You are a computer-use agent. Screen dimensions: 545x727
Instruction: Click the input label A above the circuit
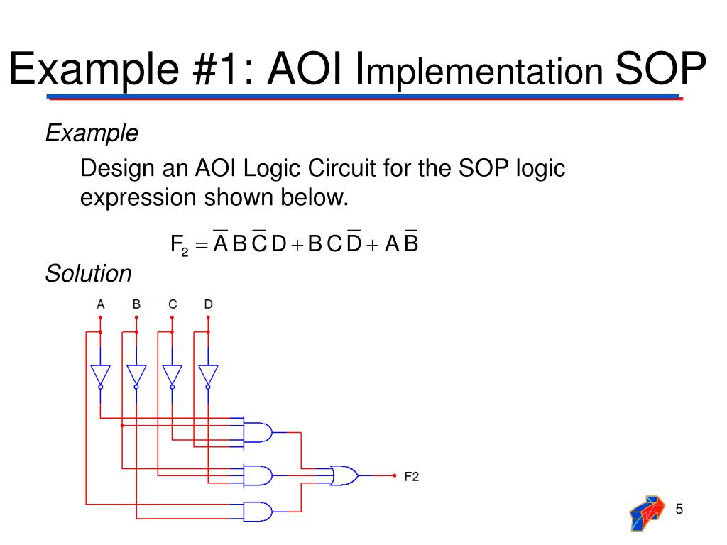tap(101, 304)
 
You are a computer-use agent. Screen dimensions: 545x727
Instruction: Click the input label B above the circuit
tap(136, 304)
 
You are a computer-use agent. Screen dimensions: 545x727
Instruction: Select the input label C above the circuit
tap(173, 304)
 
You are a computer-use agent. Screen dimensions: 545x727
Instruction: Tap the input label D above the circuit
tap(208, 304)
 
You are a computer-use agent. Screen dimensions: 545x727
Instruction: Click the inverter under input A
tap(100, 375)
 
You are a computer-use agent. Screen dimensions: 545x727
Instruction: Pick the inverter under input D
tap(208, 375)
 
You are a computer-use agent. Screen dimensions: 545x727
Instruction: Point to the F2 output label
tap(412, 476)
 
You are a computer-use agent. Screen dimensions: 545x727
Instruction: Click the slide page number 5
tap(679, 509)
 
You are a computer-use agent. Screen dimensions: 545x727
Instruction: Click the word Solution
tap(89, 273)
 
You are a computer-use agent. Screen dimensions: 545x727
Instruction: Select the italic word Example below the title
tap(92, 132)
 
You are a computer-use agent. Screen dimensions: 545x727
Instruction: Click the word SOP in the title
tap(660, 70)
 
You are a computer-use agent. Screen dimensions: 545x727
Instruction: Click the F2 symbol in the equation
tap(179, 246)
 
